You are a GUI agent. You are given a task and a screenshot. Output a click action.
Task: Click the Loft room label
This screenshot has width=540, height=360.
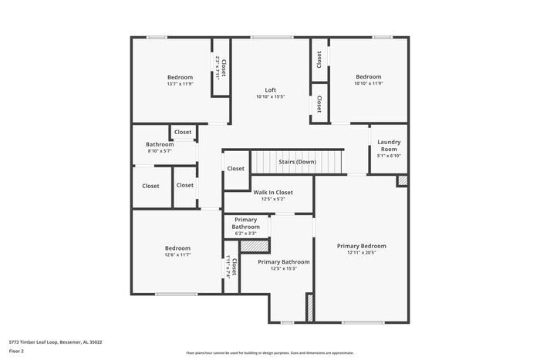[x=271, y=90]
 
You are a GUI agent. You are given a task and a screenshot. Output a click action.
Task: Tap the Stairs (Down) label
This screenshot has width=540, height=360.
[x=297, y=162]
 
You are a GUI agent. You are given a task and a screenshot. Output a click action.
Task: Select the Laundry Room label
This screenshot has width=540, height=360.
[x=388, y=146]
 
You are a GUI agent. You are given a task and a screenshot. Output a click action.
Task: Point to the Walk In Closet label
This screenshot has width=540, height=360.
[x=273, y=192]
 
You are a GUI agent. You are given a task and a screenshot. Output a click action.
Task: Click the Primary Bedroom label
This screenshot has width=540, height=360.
[x=361, y=246]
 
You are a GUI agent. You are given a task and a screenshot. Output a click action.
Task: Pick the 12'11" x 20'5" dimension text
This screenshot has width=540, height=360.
[x=361, y=253]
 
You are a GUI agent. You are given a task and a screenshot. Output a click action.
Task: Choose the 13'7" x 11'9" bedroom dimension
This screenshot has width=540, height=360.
[x=180, y=84]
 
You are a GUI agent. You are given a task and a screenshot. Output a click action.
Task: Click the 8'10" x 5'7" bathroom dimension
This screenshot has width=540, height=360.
[x=160, y=151]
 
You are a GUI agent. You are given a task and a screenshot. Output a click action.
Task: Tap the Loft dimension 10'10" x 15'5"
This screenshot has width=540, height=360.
[x=271, y=97]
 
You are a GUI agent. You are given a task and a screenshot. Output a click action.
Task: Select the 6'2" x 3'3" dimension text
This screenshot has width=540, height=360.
[x=246, y=234]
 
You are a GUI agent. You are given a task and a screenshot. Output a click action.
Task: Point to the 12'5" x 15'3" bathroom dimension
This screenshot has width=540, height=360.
[x=283, y=268]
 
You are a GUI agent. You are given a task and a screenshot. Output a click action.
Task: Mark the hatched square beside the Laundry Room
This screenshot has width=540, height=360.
[x=402, y=180]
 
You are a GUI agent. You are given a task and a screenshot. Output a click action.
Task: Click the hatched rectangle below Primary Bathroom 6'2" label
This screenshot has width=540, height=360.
[x=255, y=246]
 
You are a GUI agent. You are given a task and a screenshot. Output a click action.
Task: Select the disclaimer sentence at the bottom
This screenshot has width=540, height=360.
[x=270, y=352]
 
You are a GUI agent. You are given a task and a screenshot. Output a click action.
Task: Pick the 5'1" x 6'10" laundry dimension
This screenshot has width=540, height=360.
[x=388, y=156]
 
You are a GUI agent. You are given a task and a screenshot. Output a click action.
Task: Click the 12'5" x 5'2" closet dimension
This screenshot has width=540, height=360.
[x=273, y=199]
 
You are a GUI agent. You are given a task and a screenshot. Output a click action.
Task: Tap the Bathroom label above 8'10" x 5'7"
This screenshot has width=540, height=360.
[x=160, y=144]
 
